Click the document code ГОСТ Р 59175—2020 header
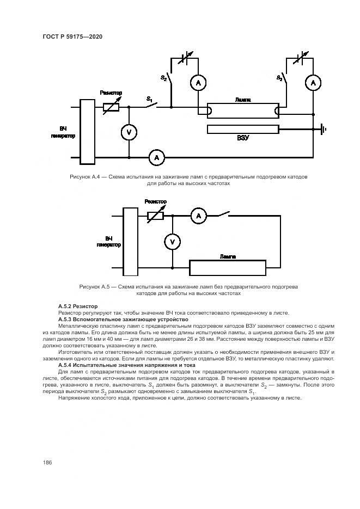(x=72, y=36)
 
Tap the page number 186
(x=47, y=462)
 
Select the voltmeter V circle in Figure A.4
(x=129, y=132)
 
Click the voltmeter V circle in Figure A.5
(x=172, y=242)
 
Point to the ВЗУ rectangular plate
(x=243, y=129)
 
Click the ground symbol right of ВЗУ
(x=323, y=129)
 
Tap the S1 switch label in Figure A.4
(x=149, y=99)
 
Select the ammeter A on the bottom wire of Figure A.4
(x=157, y=157)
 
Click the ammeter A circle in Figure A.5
(x=198, y=216)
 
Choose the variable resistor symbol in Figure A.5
(x=156, y=216)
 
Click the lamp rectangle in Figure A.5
(x=227, y=268)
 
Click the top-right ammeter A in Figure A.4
(x=312, y=82)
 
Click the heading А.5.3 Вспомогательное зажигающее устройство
(x=123, y=319)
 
